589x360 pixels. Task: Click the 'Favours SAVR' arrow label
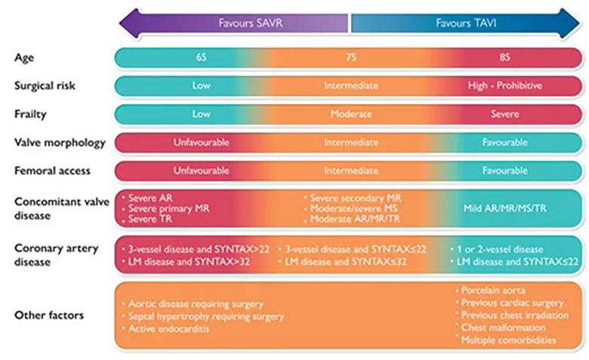pos(251,23)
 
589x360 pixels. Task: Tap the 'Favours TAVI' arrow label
pos(466,23)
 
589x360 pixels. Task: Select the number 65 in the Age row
pos(201,57)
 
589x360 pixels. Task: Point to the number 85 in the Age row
pos(505,57)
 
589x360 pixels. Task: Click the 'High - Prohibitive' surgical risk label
pos(505,85)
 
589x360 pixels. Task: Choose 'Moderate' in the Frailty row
pos(351,114)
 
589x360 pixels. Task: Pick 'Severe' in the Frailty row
pos(505,114)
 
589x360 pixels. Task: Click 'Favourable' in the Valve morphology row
pos(505,143)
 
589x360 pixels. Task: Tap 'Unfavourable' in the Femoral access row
pos(201,171)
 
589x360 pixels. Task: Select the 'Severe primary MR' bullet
pos(165,208)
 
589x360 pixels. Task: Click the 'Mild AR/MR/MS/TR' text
pos(505,208)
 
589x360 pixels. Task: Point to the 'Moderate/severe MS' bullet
pos(350,208)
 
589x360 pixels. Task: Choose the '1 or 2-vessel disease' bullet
pos(497,249)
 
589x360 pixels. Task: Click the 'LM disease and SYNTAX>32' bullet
pos(186,262)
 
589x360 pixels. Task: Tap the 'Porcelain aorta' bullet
pos(490,290)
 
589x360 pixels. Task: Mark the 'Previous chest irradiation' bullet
pos(512,315)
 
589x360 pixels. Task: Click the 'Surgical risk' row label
pos(45,86)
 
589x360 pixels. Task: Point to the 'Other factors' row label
pos(49,315)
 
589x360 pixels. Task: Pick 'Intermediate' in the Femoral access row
pos(351,171)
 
